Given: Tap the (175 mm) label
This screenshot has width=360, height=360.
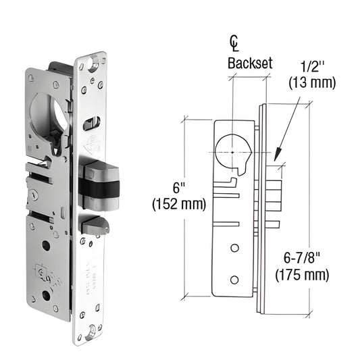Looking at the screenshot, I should pos(302,274).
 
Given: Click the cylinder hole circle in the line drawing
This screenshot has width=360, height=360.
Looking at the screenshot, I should pos(234,153).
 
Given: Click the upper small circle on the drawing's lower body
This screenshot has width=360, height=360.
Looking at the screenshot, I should pos(234,249).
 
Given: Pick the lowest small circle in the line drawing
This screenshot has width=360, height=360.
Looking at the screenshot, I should pos(234,279).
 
